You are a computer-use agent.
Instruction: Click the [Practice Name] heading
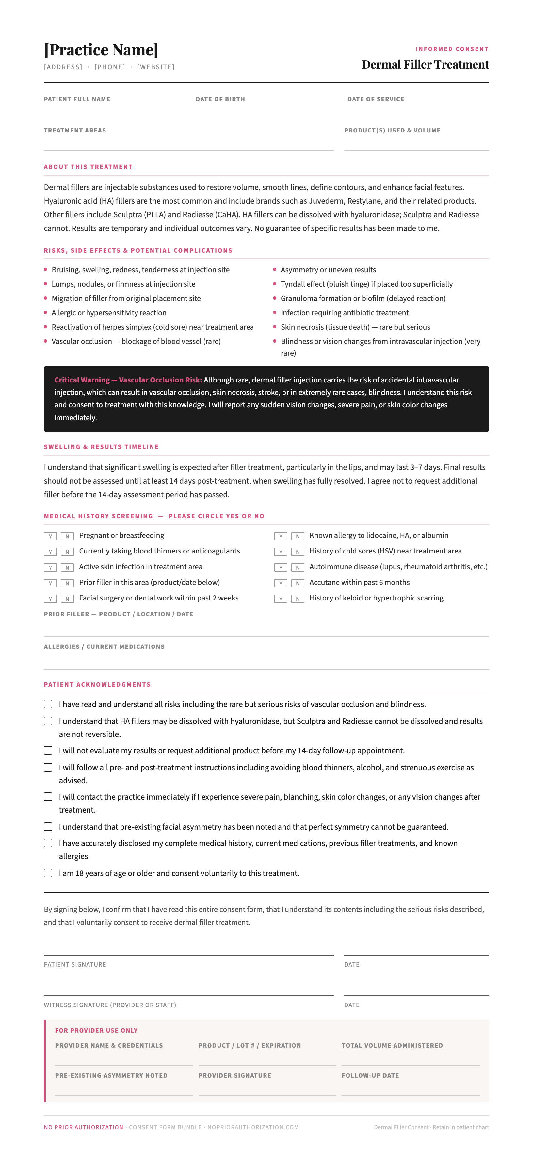click(101, 50)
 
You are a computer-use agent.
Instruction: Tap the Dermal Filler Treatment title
click(425, 64)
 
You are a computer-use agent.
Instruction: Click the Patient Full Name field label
click(77, 99)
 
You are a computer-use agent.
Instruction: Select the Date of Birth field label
click(220, 99)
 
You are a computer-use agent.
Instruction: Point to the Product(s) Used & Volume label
click(392, 130)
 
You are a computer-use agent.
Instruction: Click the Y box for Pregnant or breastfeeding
click(50, 536)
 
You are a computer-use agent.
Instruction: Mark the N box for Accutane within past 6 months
click(298, 583)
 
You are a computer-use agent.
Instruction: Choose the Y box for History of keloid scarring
click(281, 599)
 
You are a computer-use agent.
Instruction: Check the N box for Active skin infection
click(67, 567)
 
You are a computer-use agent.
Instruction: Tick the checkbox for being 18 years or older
click(48, 873)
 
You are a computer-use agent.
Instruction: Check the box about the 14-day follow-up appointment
click(48, 750)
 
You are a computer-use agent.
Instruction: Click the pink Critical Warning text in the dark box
click(128, 380)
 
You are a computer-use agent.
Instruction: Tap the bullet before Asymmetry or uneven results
click(275, 269)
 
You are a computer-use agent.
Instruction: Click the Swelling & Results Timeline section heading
click(101, 447)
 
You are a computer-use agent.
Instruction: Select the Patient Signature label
click(75, 964)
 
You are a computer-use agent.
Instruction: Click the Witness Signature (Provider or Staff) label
click(110, 1005)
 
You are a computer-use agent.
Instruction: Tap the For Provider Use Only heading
click(96, 1030)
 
